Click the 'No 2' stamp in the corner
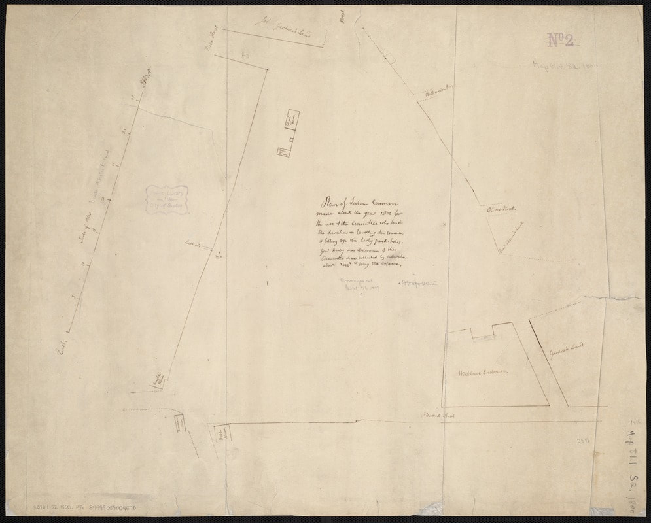tap(560, 41)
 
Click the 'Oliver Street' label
tap(502, 209)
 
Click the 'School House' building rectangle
tap(291, 120)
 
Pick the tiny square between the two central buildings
tap(291, 140)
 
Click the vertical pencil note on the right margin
tap(628, 467)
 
